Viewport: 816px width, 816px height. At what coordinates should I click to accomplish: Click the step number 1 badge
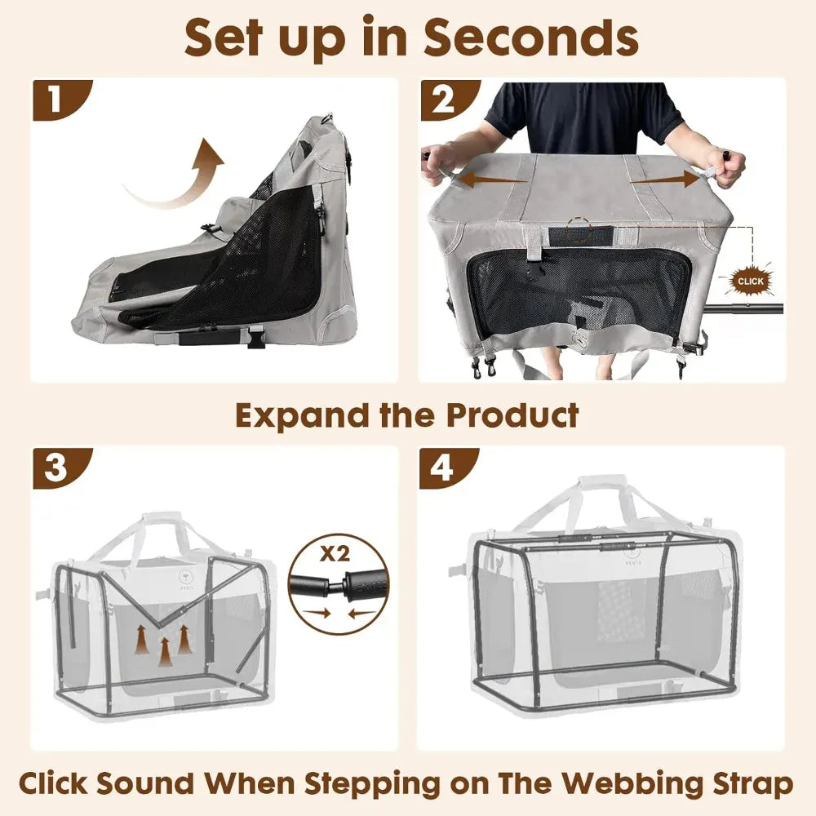(55, 100)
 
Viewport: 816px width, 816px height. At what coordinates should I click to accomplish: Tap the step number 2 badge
(444, 100)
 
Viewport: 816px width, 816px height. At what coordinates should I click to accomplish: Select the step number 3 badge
(55, 469)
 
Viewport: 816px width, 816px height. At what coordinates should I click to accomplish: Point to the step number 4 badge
(442, 469)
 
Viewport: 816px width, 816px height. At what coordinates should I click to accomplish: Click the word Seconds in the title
(530, 37)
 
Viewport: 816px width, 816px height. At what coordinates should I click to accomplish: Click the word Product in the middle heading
(512, 415)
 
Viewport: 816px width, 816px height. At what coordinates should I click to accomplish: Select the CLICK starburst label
(750, 282)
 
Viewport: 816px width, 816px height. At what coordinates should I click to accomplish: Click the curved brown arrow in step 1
(180, 175)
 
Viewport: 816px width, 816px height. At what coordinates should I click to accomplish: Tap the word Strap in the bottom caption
(747, 784)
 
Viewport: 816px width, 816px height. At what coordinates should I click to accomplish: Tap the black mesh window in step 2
(579, 294)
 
